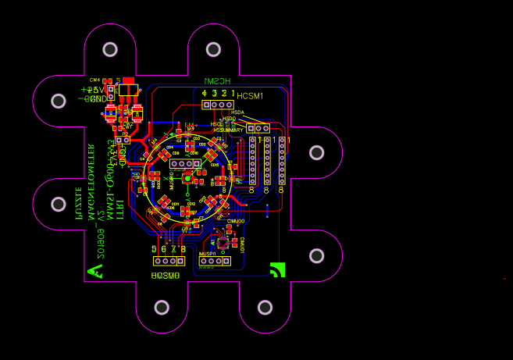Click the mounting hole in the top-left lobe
[110, 49]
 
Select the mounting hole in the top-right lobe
[214, 49]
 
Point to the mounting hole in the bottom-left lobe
[162, 306]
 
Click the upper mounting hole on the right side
[316, 152]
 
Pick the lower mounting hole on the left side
[59, 204]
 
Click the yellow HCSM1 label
[251, 96]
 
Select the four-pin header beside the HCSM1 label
[218, 104]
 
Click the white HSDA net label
[237, 112]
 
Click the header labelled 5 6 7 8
[169, 261]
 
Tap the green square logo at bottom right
[277, 269]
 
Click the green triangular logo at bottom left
[95, 271]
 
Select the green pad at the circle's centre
[188, 178]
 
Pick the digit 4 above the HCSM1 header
[205, 93]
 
